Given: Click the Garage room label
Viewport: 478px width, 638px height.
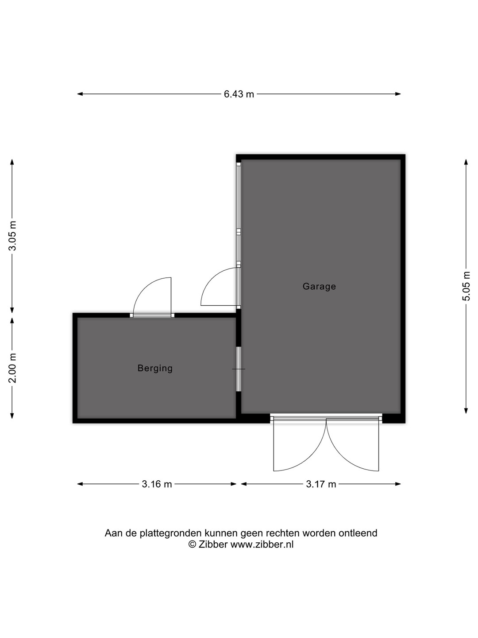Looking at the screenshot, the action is [319, 286].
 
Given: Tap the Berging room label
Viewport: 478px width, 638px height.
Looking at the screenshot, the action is [155, 368].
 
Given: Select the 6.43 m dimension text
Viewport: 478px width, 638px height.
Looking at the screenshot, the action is [239, 94].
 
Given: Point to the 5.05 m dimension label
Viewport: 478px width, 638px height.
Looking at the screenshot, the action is [466, 286].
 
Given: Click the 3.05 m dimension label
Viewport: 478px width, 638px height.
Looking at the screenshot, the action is [12, 236].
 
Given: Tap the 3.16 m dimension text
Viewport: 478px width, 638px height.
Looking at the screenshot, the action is [157, 484].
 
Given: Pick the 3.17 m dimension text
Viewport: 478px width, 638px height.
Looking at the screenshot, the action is [321, 484].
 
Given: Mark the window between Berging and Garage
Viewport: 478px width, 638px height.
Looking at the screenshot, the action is [238, 369].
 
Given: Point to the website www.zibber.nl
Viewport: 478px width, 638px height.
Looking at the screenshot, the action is [262, 545].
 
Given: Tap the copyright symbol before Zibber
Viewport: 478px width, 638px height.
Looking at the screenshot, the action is [192, 545].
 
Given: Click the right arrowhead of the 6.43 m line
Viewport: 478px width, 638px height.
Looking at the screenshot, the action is [398, 94].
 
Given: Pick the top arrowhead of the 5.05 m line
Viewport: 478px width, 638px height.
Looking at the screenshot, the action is [466, 162].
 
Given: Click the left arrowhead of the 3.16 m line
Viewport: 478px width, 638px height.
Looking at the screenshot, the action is [80, 484].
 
